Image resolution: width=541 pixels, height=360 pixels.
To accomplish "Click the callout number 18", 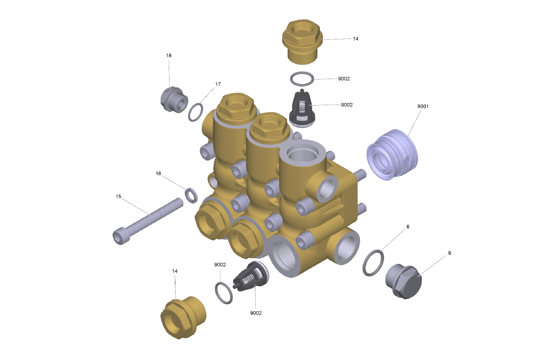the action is (x=169, y=56).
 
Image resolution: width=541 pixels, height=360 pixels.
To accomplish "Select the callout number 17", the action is (x=218, y=84).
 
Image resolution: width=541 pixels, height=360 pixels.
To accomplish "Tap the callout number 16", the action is (x=158, y=174).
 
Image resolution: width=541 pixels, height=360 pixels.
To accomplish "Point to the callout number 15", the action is (x=118, y=197).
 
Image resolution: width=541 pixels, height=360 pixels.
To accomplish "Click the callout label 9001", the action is (x=423, y=106).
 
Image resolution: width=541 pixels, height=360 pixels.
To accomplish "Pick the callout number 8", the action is (x=408, y=227).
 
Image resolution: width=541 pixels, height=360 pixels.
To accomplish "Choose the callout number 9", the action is (x=450, y=253).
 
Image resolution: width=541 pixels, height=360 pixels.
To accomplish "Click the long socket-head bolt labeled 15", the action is (x=148, y=221).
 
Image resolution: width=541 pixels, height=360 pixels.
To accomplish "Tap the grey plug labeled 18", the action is (x=174, y=99).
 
